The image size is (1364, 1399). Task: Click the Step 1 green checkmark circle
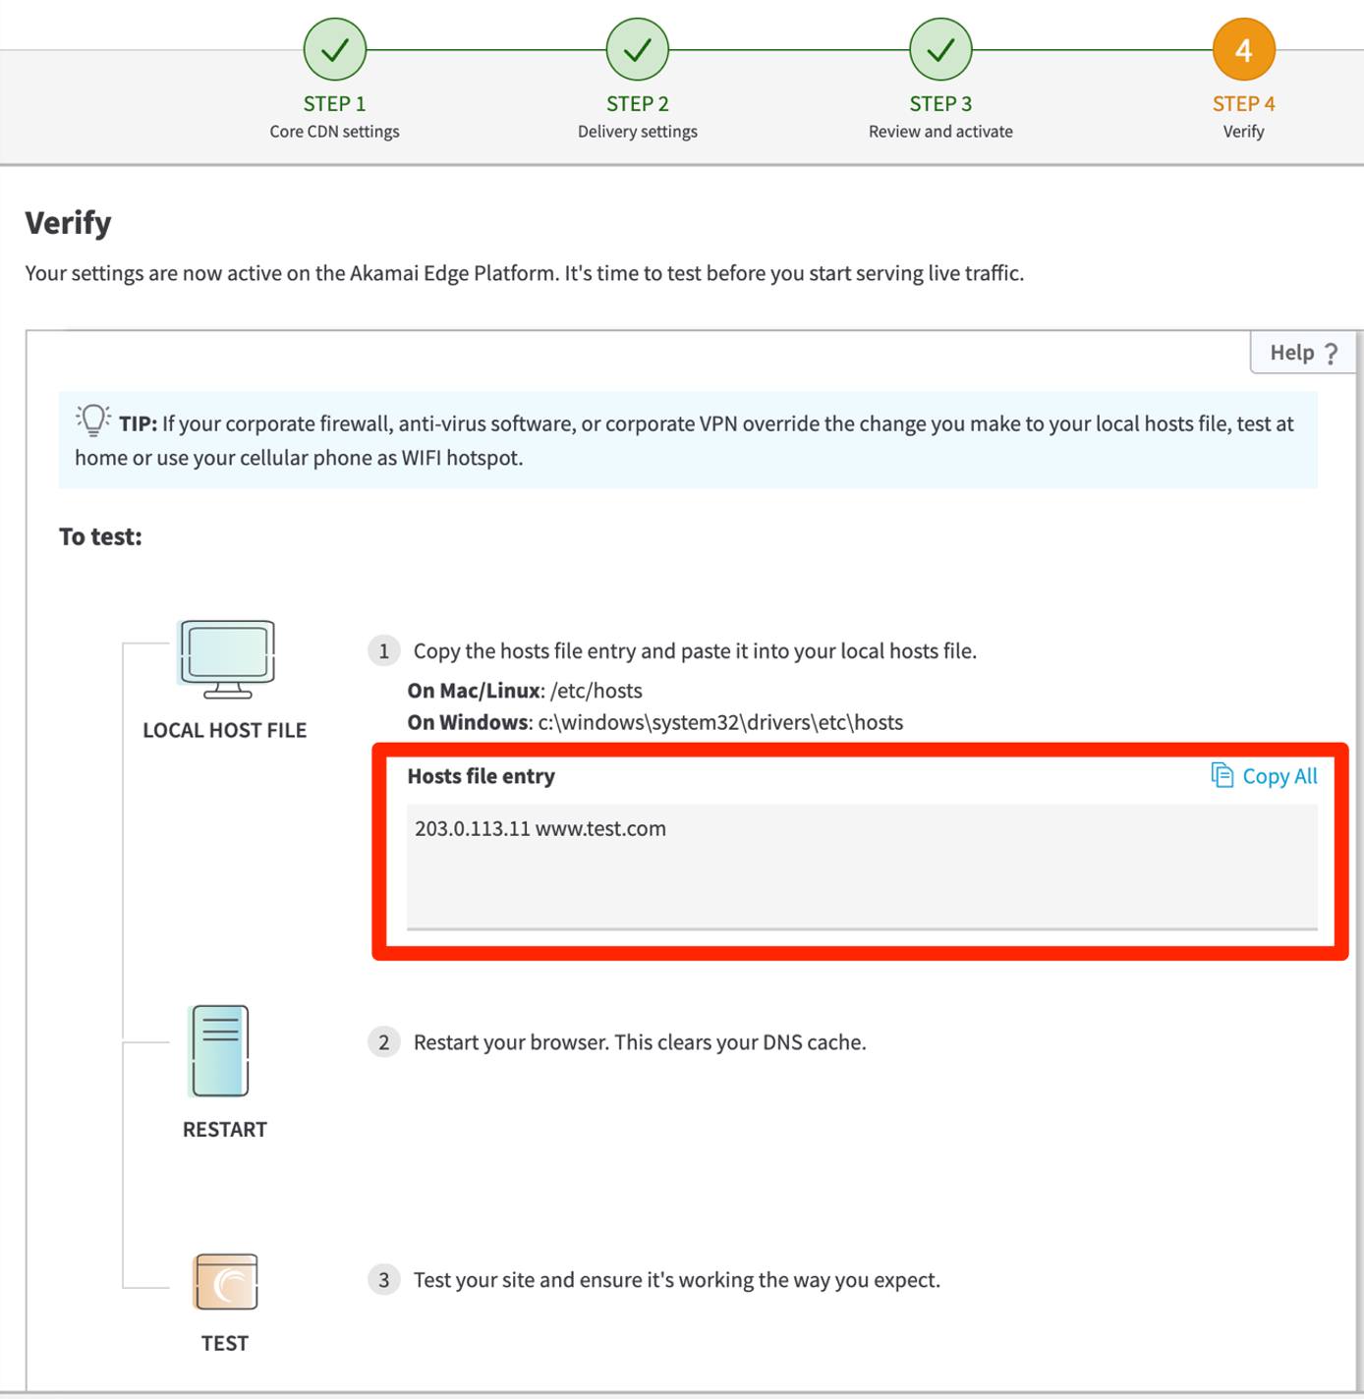point(335,49)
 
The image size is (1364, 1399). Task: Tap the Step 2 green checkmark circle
point(638,49)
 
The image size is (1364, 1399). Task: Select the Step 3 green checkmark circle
point(940,49)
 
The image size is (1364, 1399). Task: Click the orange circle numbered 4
point(1243,49)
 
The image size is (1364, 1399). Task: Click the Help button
point(1303,353)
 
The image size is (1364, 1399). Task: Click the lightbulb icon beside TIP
point(93,420)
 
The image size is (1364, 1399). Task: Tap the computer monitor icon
point(227,658)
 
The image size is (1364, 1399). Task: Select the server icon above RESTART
point(220,1050)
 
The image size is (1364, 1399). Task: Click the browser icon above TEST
point(226,1281)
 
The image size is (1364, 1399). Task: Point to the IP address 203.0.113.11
point(473,828)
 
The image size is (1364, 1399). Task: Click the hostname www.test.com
point(600,828)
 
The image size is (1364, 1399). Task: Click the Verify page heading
point(68,223)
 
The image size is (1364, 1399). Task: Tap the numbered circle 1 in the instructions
point(384,650)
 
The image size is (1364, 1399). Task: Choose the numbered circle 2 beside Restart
point(384,1041)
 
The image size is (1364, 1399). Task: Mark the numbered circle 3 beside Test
point(384,1279)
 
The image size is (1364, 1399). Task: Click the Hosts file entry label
point(482,776)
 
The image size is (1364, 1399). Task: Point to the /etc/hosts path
point(597,691)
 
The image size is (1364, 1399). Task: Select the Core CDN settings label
point(335,132)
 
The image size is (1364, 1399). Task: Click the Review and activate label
point(940,132)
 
